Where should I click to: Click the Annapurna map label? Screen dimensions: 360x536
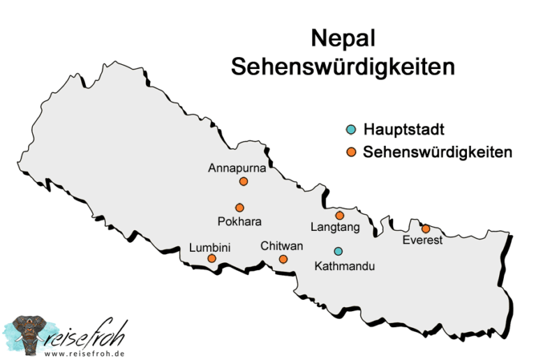(237, 168)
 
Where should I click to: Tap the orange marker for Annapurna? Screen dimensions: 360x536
(244, 181)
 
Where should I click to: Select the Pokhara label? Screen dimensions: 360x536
(239, 222)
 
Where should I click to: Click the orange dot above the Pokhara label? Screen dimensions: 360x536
(239, 207)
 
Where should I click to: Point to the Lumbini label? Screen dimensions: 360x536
(209, 247)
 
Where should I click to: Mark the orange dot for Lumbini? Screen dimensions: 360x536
(211, 259)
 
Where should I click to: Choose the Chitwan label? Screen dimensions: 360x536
(282, 246)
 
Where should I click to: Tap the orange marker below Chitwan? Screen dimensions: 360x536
(283, 259)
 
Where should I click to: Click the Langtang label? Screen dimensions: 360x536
(335, 227)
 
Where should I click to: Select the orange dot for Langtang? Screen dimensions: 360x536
(340, 215)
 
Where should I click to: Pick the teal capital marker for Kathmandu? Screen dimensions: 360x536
(338, 251)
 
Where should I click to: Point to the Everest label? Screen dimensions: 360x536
(423, 241)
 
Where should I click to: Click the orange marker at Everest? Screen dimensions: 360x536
(426, 228)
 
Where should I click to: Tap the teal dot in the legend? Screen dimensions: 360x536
(352, 129)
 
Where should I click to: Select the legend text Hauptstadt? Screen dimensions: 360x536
(404, 129)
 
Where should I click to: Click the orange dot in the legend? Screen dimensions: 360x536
(352, 152)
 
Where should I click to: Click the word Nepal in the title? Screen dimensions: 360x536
(343, 38)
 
